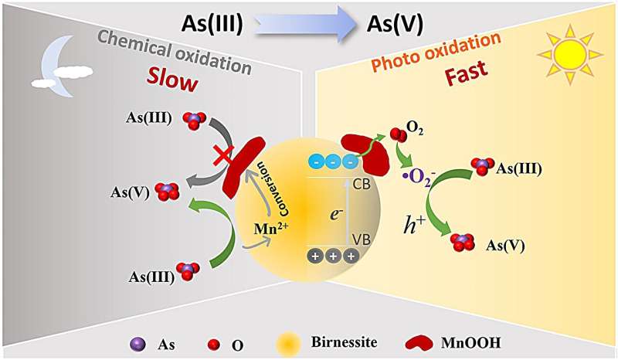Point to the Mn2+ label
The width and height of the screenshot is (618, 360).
coord(270,229)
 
